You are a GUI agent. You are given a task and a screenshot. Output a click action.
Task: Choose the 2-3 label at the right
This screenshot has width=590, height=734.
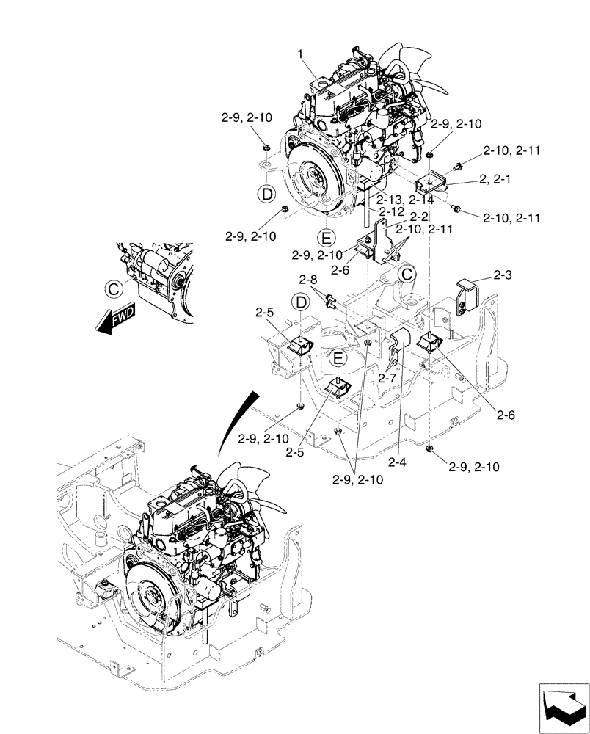503,275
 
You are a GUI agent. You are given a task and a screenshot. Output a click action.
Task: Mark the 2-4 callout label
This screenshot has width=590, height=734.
397,462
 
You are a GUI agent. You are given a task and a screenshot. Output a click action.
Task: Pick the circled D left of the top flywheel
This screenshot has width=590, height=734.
266,193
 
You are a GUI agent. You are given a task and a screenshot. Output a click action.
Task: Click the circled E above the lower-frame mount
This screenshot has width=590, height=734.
337,358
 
